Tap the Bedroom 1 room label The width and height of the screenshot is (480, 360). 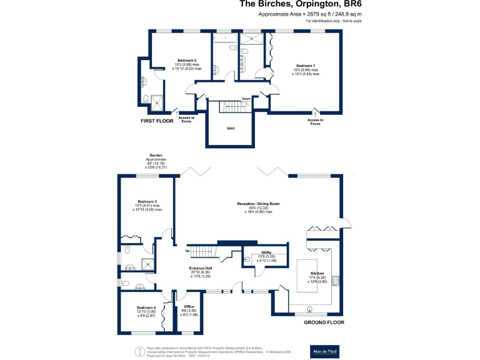(x=305, y=65)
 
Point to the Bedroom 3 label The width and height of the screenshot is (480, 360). (x=147, y=201)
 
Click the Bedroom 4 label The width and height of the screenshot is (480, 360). (x=146, y=307)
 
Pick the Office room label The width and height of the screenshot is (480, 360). (x=189, y=306)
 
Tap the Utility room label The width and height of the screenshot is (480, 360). (x=266, y=252)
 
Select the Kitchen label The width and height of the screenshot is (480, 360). (x=318, y=273)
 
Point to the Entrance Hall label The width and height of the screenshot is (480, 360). (x=202, y=268)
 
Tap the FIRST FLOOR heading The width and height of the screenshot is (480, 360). (x=156, y=120)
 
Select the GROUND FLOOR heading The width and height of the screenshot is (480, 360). (x=324, y=322)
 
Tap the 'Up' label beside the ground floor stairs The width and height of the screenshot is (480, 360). (x=187, y=251)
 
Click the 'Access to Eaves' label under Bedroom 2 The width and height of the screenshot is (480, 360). (x=186, y=119)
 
